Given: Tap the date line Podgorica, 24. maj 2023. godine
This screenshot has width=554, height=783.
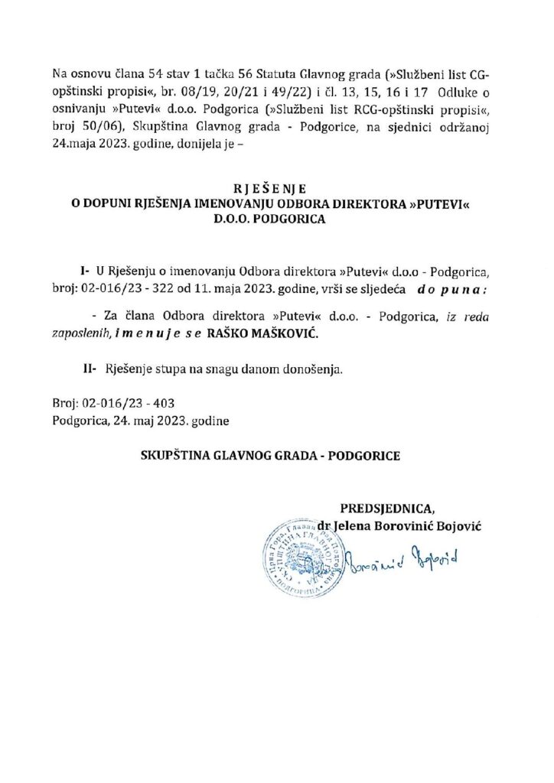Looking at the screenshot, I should (140, 419).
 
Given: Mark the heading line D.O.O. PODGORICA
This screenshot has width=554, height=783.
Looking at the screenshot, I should (277, 219).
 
